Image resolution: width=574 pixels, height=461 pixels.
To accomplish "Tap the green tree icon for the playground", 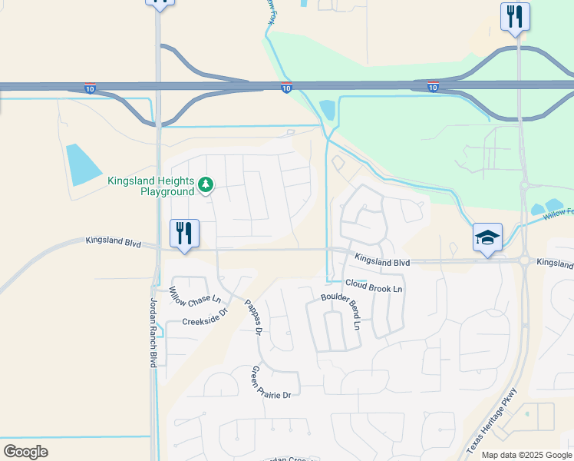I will (x=205, y=184).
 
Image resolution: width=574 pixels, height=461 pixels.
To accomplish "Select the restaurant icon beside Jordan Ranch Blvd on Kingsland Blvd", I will (x=184, y=234).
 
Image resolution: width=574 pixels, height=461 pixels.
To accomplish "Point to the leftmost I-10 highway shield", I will (x=90, y=88).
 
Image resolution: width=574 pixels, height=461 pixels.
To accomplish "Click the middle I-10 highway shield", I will (x=285, y=88).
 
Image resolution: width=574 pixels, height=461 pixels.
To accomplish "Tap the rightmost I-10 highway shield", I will (x=433, y=88).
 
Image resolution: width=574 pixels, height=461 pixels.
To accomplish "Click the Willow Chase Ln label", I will (x=195, y=294).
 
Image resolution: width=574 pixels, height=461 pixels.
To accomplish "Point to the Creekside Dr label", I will (x=206, y=317).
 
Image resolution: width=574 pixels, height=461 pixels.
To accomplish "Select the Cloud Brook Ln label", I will (x=374, y=285).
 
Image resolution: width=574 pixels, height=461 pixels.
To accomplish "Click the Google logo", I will (x=25, y=452).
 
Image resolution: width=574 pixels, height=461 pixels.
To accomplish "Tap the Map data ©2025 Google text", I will (x=526, y=455).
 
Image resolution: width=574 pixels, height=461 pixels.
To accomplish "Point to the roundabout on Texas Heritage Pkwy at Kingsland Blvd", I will (x=524, y=261).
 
